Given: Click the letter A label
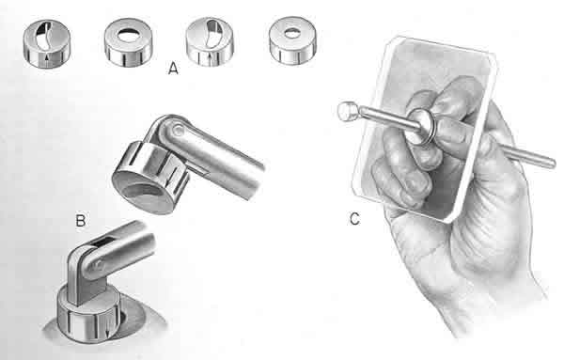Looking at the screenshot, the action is pyautogui.click(x=173, y=68).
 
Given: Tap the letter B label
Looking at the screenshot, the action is pyautogui.click(x=81, y=220).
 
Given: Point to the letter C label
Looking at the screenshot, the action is pyautogui.click(x=354, y=219).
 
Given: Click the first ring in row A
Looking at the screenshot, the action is pyautogui.click(x=47, y=43).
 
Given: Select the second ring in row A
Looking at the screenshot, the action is pyautogui.click(x=129, y=42).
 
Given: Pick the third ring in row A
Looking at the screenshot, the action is pyautogui.click(x=210, y=41).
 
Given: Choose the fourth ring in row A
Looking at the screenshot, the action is pyautogui.click(x=292, y=40).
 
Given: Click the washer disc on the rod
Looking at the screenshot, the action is pyautogui.click(x=421, y=127).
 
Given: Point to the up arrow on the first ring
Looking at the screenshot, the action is pyautogui.click(x=47, y=60).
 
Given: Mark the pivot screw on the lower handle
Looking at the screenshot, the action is pyautogui.click(x=96, y=267).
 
